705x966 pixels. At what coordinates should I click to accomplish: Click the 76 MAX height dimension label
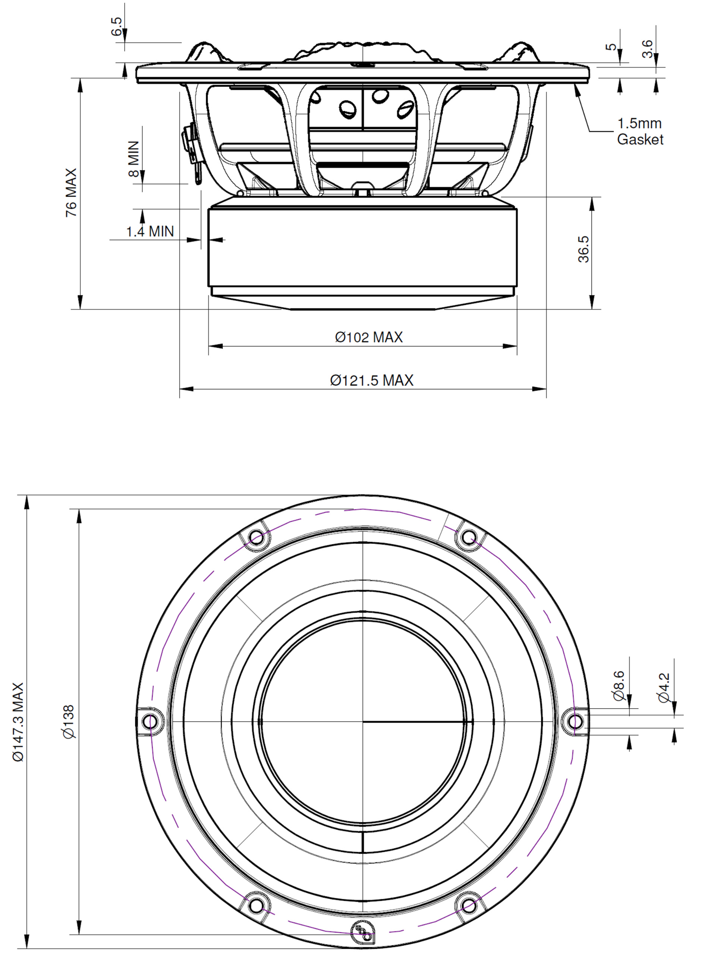(x=71, y=193)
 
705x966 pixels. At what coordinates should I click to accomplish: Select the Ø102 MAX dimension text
(x=369, y=337)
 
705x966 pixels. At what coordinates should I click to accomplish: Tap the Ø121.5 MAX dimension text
(x=372, y=380)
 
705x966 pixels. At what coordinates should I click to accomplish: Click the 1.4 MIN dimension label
(x=150, y=231)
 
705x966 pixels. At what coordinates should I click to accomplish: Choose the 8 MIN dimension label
(x=133, y=159)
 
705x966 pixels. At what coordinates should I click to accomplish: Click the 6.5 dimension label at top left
(x=116, y=26)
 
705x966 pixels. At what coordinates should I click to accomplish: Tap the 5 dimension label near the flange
(x=611, y=47)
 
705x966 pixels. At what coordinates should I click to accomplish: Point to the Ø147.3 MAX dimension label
(x=18, y=722)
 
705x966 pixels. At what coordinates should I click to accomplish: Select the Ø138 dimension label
(x=68, y=721)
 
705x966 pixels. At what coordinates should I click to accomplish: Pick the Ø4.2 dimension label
(x=664, y=688)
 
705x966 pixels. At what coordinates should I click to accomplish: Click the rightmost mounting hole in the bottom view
(x=576, y=722)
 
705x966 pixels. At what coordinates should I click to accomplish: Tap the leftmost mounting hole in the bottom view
(x=150, y=722)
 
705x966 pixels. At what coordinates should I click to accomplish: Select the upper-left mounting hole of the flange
(x=256, y=537)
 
